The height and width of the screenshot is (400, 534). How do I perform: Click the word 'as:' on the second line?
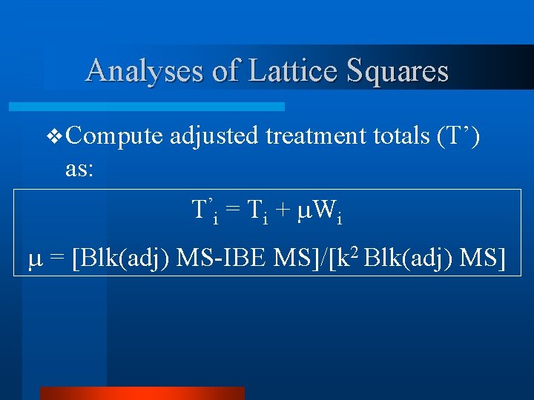[79, 169]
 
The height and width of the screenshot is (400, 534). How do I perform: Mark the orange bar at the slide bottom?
[142, 393]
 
